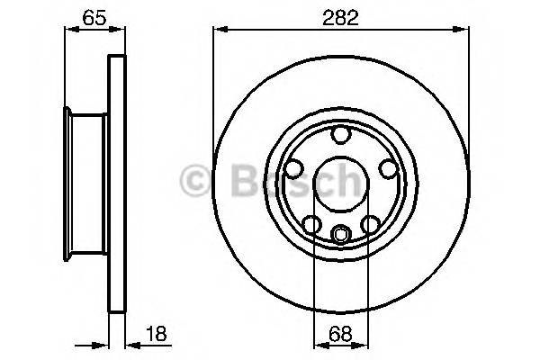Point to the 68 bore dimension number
tap(340, 332)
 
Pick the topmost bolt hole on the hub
tap(340, 135)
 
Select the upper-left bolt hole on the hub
tap(293, 167)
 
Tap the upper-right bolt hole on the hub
tap(387, 167)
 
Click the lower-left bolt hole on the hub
tap(310, 224)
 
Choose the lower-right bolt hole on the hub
tap(370, 224)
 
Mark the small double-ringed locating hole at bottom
tap(340, 236)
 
